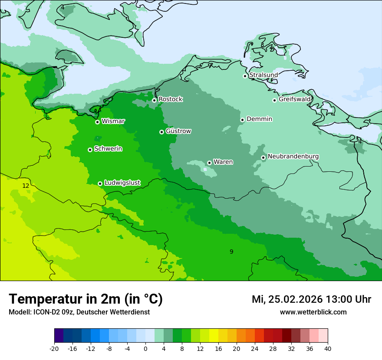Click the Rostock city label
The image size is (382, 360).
170,99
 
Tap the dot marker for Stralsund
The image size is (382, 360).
245,76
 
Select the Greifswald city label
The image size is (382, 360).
294,99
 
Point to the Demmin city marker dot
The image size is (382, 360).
242,120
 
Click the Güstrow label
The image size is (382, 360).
178,131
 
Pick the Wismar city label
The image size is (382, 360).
113,121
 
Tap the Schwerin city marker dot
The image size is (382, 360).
90,150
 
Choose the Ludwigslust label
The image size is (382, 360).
122,183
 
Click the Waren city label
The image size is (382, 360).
223,162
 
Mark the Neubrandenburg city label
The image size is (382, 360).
293,157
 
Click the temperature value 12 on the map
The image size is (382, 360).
26,186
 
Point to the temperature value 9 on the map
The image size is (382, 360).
231,252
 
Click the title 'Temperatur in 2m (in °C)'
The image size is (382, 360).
86,299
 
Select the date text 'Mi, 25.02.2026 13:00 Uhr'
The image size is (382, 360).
311,299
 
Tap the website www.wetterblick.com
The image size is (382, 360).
313,312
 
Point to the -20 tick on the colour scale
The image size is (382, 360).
54,348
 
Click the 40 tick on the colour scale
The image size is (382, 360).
328,348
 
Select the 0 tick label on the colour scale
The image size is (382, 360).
145,348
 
